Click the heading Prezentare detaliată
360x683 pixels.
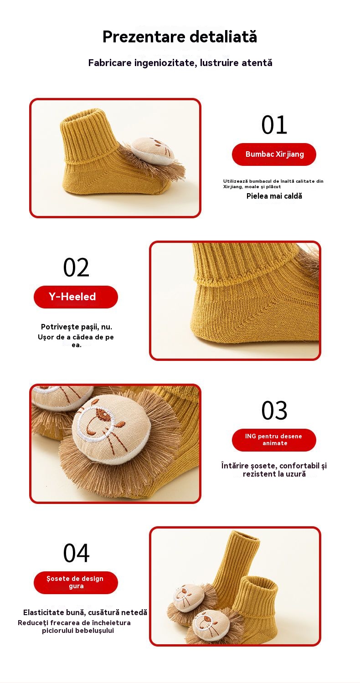click(x=180, y=36)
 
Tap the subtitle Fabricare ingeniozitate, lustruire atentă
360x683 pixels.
click(x=180, y=63)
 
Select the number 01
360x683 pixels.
click(x=274, y=125)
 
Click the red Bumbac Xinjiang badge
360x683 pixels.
click(x=274, y=154)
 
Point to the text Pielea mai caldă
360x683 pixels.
click(x=274, y=196)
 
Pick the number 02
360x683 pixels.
click(x=76, y=267)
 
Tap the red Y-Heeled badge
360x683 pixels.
click(x=76, y=297)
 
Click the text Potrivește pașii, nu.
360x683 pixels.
click(x=77, y=327)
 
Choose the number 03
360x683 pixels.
click(x=274, y=411)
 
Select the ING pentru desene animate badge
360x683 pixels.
click(x=274, y=440)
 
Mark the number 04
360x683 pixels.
click(x=76, y=553)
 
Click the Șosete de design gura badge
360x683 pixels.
click(x=76, y=582)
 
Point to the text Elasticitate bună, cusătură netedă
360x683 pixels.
click(x=85, y=612)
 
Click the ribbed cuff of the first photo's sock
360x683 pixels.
click(x=88, y=137)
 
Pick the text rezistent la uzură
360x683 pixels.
click(x=274, y=474)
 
